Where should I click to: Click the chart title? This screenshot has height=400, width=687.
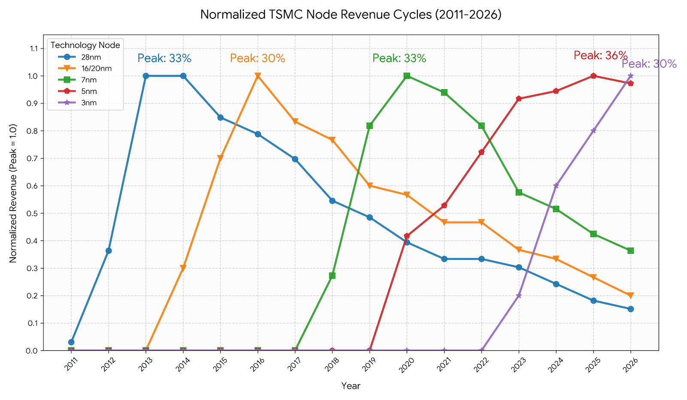point(351,15)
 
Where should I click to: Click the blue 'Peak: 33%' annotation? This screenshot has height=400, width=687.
point(164,58)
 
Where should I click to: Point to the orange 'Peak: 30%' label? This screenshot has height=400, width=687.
point(258,58)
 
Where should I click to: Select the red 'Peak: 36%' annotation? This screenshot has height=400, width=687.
point(601,55)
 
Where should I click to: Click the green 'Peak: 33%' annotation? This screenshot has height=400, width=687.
point(399,58)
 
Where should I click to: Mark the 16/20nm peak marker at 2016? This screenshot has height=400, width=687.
point(258,76)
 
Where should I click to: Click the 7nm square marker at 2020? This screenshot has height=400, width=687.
point(407,76)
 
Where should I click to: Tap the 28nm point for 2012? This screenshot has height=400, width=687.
point(109,250)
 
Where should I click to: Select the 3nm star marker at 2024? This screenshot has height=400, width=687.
point(556,186)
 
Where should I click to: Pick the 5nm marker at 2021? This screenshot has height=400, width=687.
point(444,205)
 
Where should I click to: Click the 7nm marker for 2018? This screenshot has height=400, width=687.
point(332,276)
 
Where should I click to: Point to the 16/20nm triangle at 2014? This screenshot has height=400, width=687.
point(183,268)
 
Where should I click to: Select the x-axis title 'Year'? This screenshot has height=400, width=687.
point(351,386)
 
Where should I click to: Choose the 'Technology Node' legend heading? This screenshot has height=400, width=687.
point(85,45)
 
